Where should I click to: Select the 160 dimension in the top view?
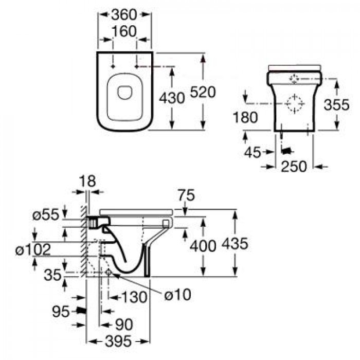pos(124,32)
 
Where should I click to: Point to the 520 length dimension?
pos(203,92)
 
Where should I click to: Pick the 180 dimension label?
pos(245,117)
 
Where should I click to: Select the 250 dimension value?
pos(294,167)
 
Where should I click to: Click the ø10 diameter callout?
pos(177,294)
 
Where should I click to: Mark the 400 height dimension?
pos(203,246)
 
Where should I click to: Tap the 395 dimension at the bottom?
pos(118,340)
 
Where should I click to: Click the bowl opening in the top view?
pos(125,92)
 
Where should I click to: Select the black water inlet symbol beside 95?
pos(81,311)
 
